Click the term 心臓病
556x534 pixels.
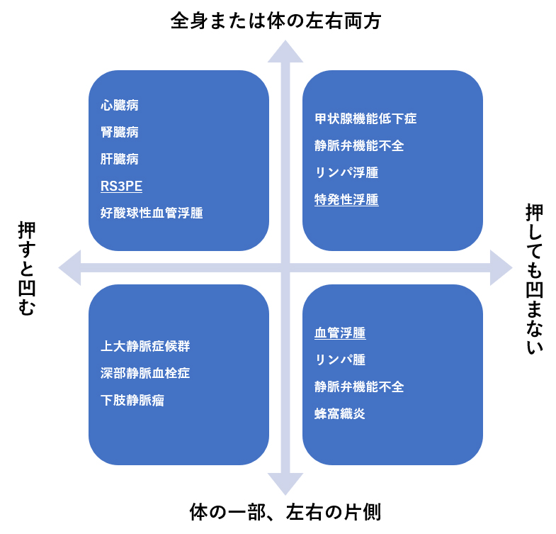pyautogui.click(x=119, y=106)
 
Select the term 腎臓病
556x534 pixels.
pyautogui.click(x=119, y=133)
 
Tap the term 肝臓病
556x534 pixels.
pyautogui.click(x=119, y=159)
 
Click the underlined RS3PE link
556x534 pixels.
pyautogui.click(x=121, y=186)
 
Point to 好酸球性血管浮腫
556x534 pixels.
pyautogui.click(x=152, y=213)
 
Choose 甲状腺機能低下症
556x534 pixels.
pyautogui.click(x=365, y=119)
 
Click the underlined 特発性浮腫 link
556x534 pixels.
pyautogui.click(x=346, y=200)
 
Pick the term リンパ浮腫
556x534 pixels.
pyautogui.click(x=346, y=173)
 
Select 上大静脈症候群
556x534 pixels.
pyautogui.click(x=145, y=347)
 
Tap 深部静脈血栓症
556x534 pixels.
pyautogui.click(x=145, y=373)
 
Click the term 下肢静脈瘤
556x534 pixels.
pyautogui.click(x=132, y=400)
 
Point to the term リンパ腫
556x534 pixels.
pyautogui.click(x=340, y=360)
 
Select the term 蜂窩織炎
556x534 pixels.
pyautogui.click(x=340, y=413)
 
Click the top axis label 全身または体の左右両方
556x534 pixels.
pyautogui.click(x=276, y=21)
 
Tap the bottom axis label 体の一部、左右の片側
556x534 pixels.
pyautogui.click(x=286, y=513)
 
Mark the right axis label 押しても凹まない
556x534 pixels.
pyautogui.click(x=535, y=279)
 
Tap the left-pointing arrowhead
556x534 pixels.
pyautogui.click(x=69, y=267)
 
